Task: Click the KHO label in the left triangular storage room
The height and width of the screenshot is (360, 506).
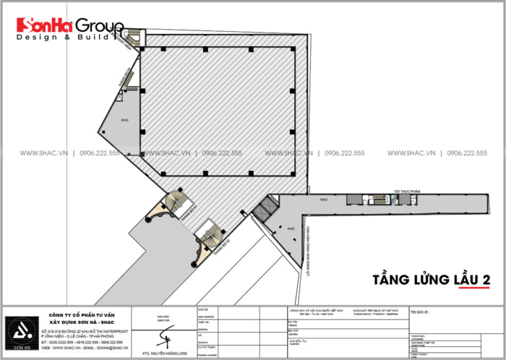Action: (x=124, y=119)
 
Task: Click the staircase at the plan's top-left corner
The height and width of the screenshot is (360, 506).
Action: (x=133, y=37)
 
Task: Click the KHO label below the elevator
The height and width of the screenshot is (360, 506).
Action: (x=291, y=228)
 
